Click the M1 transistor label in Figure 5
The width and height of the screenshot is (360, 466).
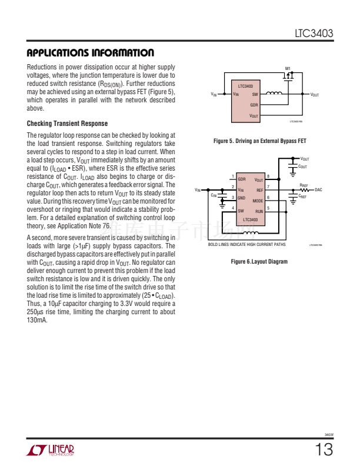[288, 68]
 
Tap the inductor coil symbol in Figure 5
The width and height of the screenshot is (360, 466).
[274, 94]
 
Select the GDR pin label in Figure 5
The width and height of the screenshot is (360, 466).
[254, 105]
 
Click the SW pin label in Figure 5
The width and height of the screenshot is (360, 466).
[255, 94]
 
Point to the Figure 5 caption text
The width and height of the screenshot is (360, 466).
[259, 141]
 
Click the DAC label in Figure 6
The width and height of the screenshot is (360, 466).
[318, 189]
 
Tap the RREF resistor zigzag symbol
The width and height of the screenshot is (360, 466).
[305, 189]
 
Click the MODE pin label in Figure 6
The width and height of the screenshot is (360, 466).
[258, 201]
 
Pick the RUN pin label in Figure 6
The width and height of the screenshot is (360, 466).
[259, 210]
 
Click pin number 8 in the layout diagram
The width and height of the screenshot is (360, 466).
[268, 177]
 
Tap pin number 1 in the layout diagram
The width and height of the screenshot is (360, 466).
[233, 177]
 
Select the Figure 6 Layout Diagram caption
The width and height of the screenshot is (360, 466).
[259, 261]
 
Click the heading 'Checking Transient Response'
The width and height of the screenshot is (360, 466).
[68, 124]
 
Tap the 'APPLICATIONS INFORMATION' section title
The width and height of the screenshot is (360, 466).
[91, 53]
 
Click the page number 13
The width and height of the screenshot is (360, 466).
[324, 450]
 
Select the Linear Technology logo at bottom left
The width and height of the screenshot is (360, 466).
[51, 451]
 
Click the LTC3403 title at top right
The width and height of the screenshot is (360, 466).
[314, 35]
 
